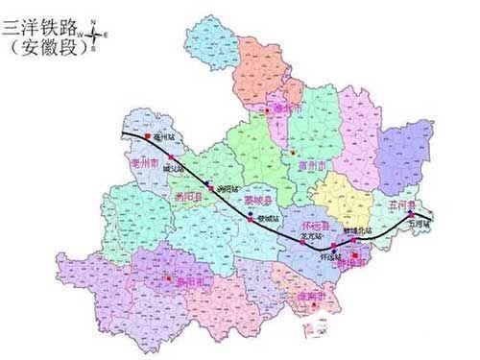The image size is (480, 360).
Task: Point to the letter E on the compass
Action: point(106,36)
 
